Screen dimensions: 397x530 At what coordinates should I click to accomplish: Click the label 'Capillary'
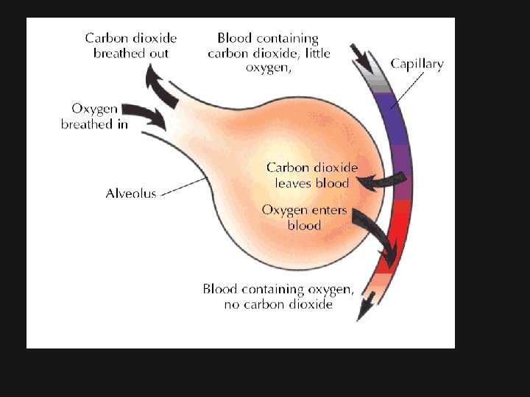click(x=417, y=64)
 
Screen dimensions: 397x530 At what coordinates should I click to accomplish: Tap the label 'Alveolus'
click(x=131, y=194)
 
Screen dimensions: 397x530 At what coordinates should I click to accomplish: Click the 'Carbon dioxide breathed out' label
click(x=131, y=46)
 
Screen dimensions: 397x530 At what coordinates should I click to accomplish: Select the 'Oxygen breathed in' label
click(x=94, y=116)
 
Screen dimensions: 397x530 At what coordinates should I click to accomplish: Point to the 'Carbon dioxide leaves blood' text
click(x=312, y=175)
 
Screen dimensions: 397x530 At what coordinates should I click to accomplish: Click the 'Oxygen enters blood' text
click(x=304, y=218)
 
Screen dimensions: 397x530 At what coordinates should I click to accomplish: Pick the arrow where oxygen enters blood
click(x=375, y=235)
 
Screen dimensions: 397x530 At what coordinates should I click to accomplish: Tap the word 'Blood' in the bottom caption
click(x=220, y=289)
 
